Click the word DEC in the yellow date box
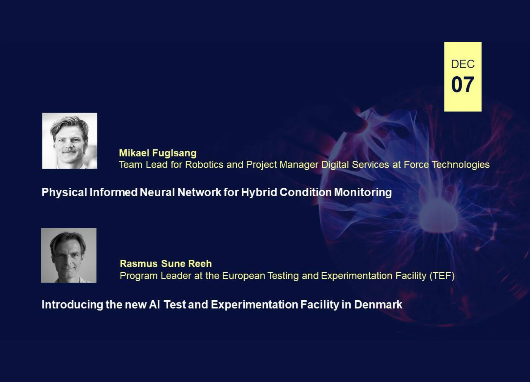[x=463, y=64]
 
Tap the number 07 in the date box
[x=463, y=85]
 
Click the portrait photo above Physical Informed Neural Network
[x=70, y=141]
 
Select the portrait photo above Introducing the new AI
[x=69, y=255]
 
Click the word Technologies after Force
[x=461, y=165]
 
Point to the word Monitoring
[x=363, y=192]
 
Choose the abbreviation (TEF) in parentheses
[x=442, y=276]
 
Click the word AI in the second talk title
[x=154, y=305]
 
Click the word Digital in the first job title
[x=335, y=165]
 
